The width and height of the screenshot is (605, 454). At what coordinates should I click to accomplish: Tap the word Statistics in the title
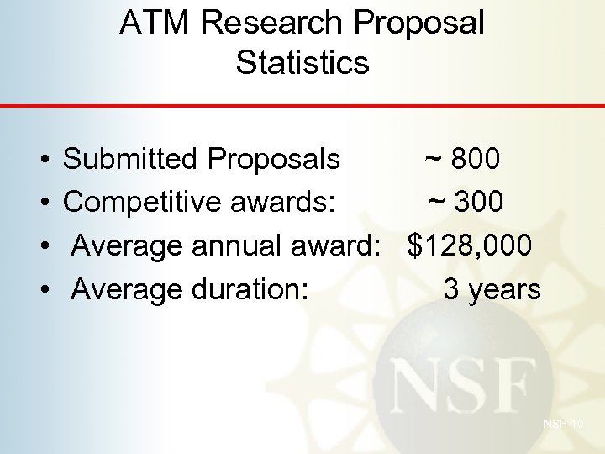point(302,62)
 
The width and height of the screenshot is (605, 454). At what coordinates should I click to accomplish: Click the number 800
point(476,158)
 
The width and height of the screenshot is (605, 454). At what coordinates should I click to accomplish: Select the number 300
point(479,202)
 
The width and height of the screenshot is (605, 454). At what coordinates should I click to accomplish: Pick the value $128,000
point(470,245)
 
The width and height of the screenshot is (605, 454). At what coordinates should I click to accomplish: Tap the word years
point(504,290)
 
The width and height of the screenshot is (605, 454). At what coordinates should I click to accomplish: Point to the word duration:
point(250,289)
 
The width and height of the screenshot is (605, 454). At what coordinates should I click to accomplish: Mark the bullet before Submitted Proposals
point(42,159)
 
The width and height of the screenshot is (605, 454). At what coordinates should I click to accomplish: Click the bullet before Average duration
point(42,290)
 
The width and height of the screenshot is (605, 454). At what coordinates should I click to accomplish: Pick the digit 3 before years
point(451,289)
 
